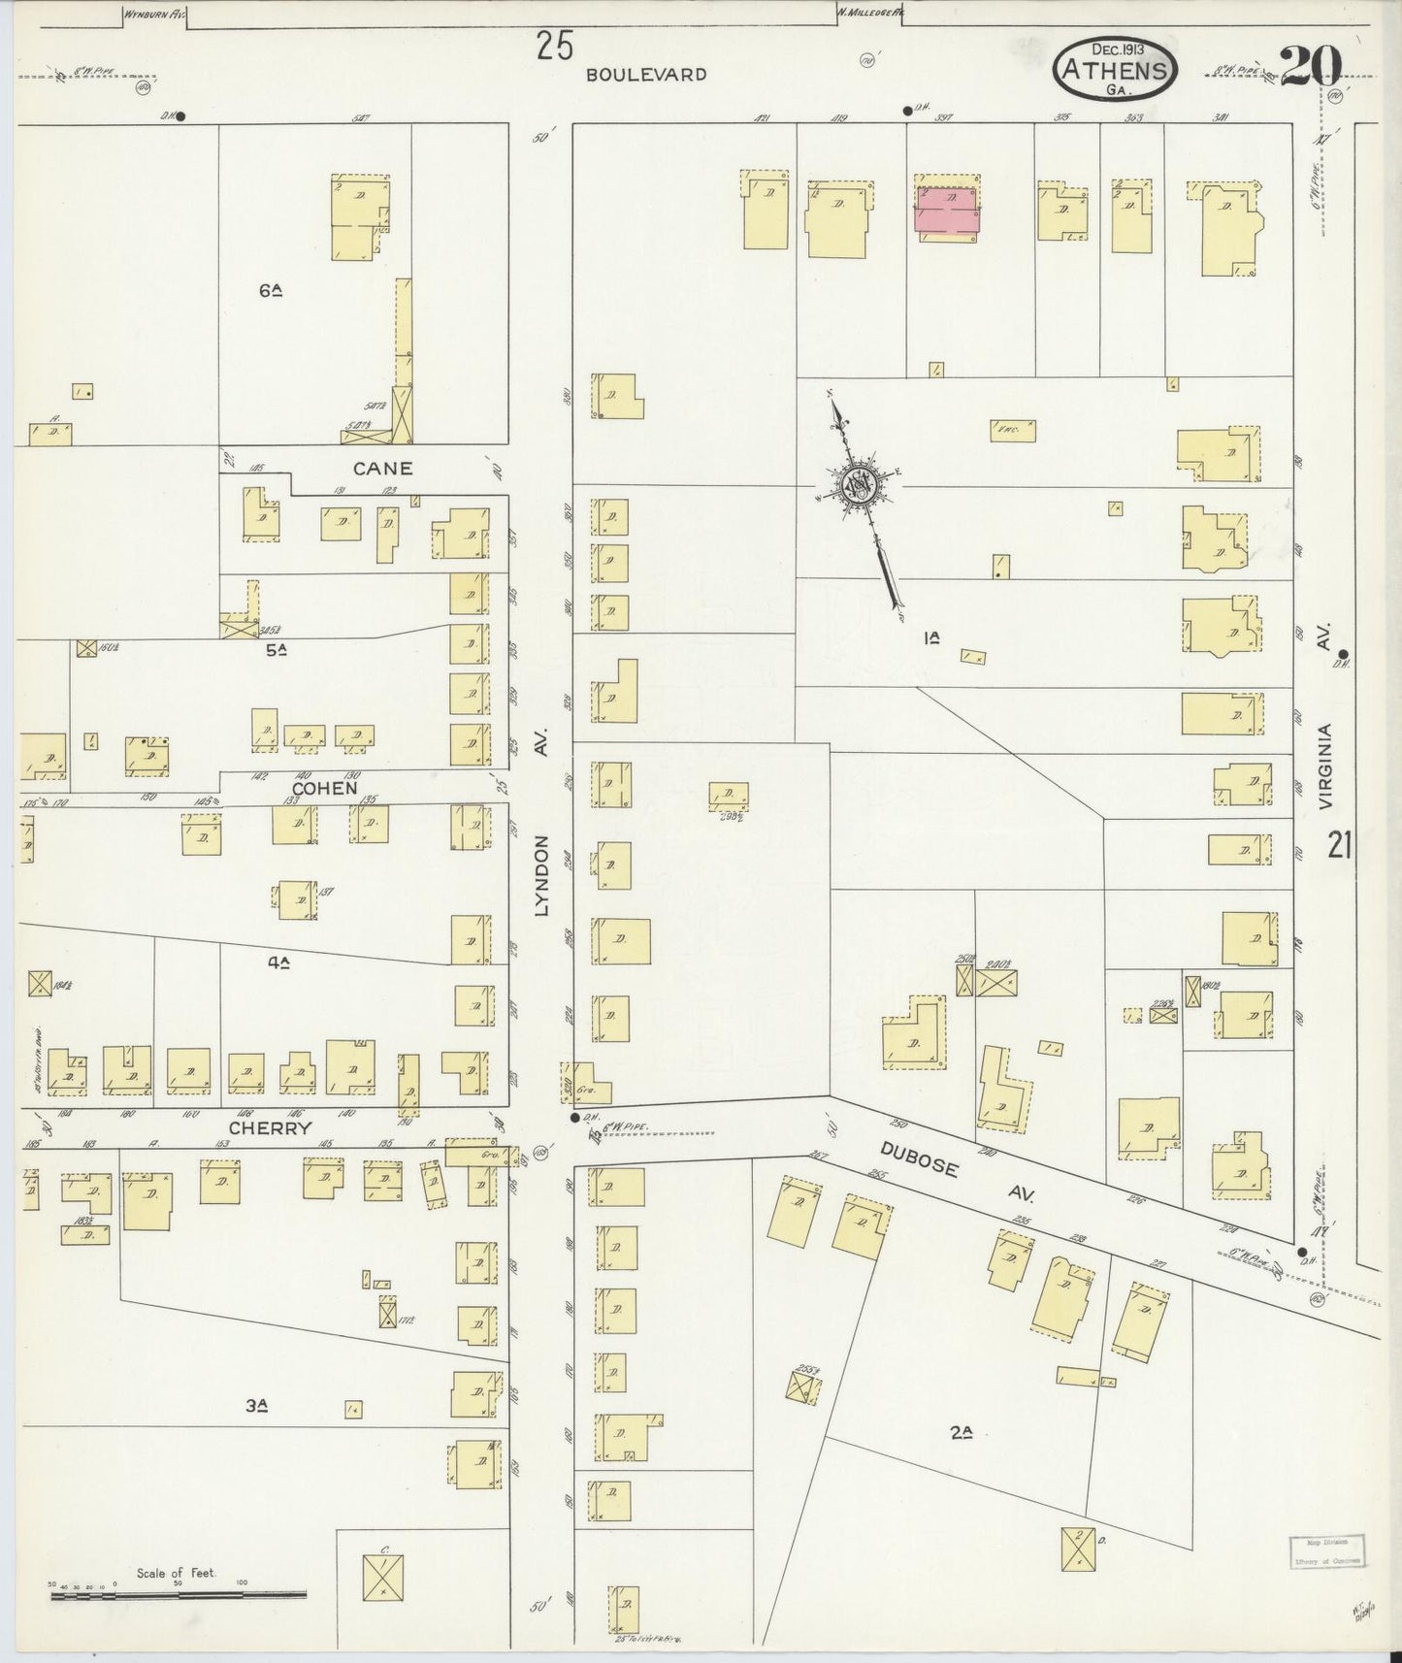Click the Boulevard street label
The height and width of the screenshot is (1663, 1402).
pos(645,74)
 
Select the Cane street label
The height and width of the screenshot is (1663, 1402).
pos(382,468)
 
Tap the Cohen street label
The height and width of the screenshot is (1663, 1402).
pos(324,788)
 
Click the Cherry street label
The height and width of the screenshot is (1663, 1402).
pos(270,1128)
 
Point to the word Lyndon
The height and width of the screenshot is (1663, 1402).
pos(541,876)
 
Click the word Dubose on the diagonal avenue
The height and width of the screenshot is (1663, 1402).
pos(920,1158)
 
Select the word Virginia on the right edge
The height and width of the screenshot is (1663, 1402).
pos(1325,766)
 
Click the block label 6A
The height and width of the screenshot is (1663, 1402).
pos(271,288)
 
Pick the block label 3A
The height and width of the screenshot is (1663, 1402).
pos(256,1405)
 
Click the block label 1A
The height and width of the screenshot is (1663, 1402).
pos(932,637)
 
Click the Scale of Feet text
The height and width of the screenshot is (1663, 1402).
pos(176,1573)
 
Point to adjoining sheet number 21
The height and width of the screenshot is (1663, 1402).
pos(1340,846)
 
